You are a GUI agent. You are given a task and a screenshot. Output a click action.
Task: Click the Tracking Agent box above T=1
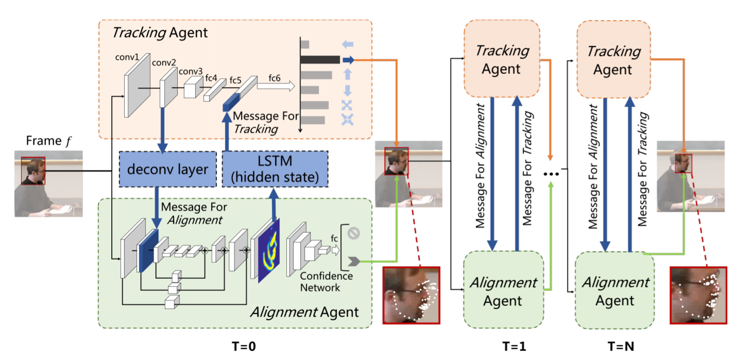click(x=502, y=59)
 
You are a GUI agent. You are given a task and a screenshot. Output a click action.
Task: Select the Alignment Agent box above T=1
click(x=502, y=290)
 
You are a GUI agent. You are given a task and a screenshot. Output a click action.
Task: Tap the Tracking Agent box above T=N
click(x=613, y=59)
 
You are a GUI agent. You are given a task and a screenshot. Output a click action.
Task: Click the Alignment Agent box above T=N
click(x=613, y=290)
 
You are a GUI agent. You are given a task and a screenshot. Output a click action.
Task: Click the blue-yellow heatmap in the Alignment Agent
click(x=268, y=249)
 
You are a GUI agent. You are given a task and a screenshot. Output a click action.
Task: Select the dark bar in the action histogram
click(x=320, y=60)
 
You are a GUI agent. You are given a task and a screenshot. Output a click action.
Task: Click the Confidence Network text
click(x=326, y=282)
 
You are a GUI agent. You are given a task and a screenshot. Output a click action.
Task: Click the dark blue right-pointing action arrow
click(x=349, y=60)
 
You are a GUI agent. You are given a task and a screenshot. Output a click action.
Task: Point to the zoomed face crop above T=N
click(x=698, y=295)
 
